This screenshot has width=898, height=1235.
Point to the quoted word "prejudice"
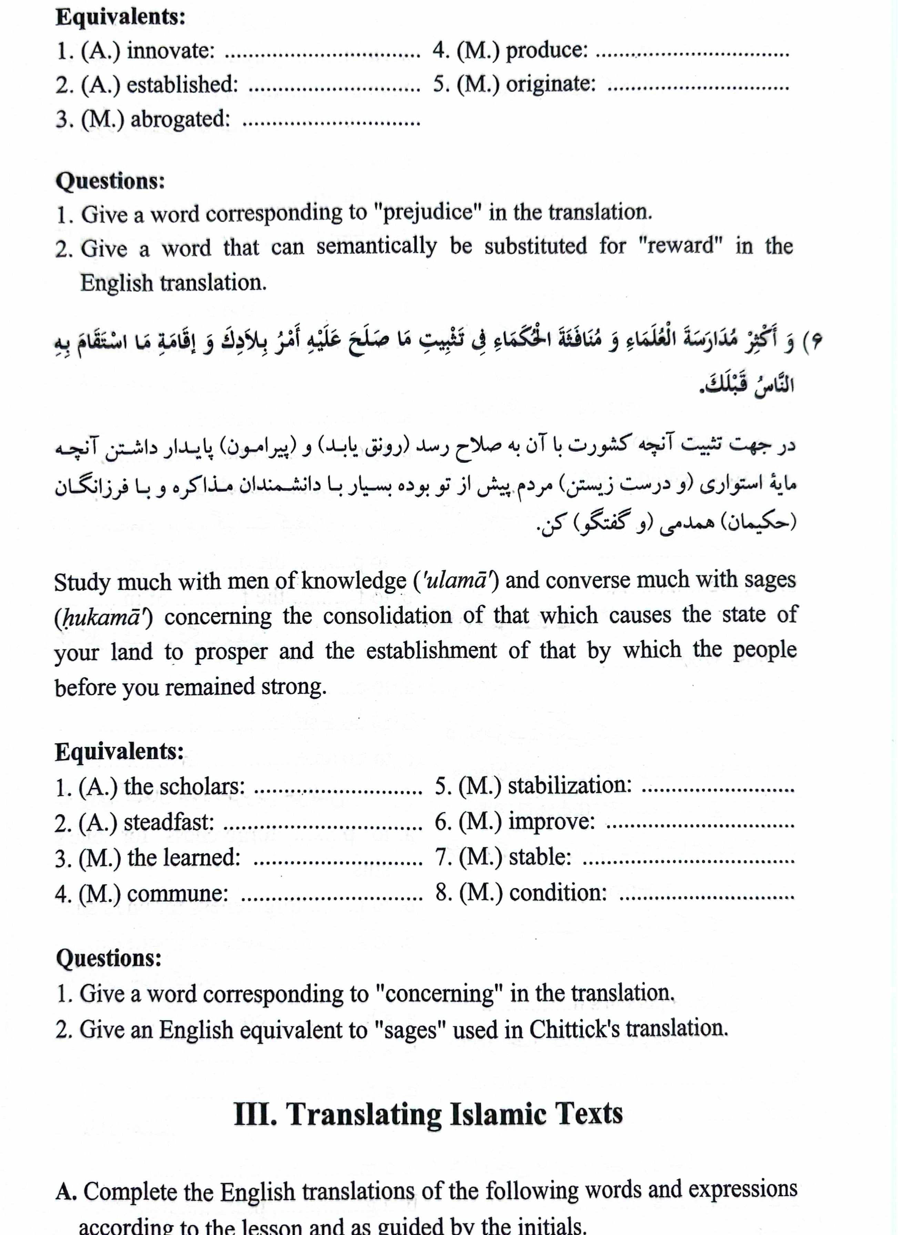(428, 212)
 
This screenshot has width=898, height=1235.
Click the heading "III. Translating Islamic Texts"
(428, 1114)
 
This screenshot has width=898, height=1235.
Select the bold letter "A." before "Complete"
(65, 1192)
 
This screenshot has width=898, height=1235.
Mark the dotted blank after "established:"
(334, 88)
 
